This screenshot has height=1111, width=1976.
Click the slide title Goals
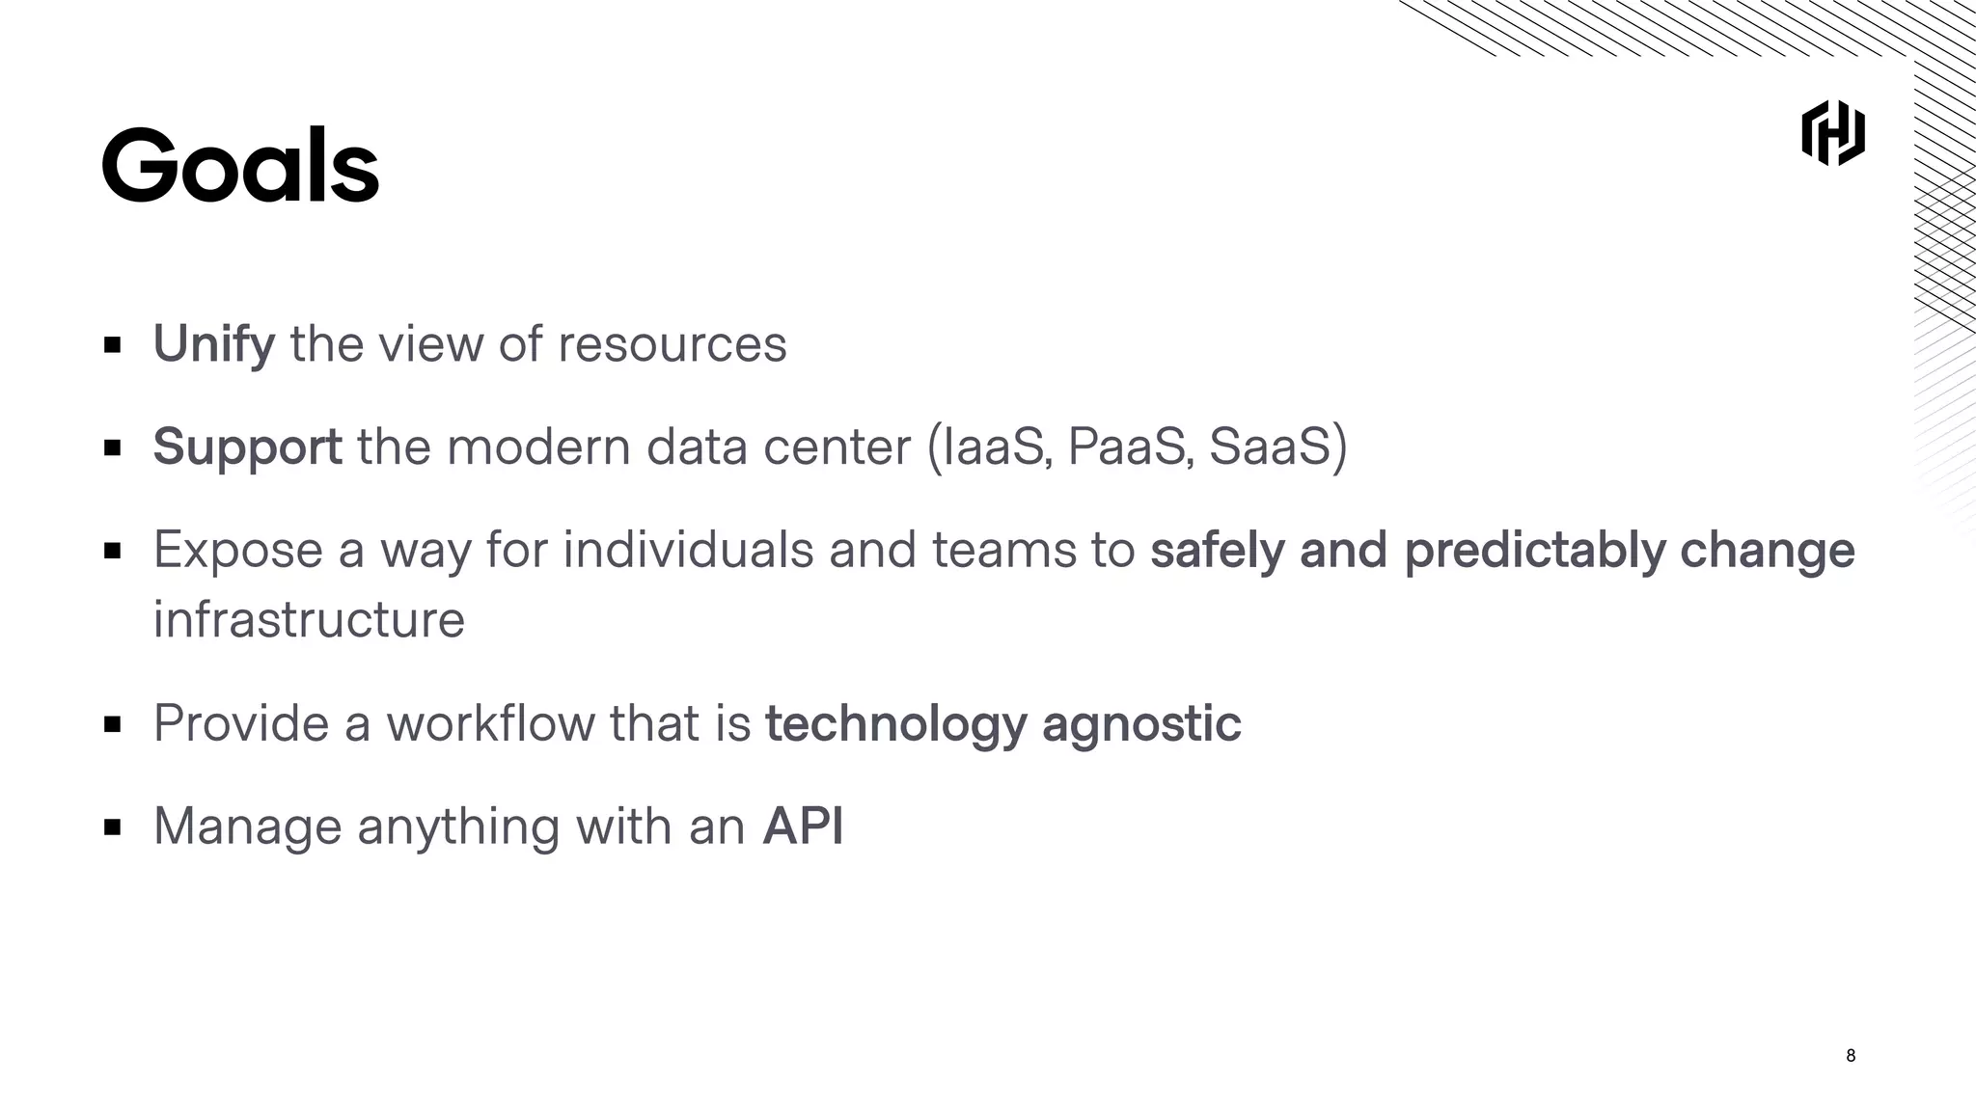[x=240, y=166]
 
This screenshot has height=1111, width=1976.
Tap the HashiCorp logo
[x=1832, y=133]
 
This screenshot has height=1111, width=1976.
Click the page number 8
[x=1850, y=1055]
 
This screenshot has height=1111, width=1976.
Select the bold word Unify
[x=213, y=344]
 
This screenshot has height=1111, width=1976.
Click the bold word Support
[x=247, y=447]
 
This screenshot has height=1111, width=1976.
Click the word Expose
[x=238, y=550]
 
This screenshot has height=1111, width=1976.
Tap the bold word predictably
[x=1534, y=550]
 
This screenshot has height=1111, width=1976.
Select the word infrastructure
[x=309, y=619]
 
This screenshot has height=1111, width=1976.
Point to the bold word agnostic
[x=1141, y=723]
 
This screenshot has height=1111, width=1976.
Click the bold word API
[x=803, y=826]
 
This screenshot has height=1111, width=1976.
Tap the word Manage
[x=247, y=826]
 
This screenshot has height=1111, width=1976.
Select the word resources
[x=672, y=344]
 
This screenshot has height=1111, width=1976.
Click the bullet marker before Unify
[x=112, y=344]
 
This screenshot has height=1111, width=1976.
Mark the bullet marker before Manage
[x=112, y=826]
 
